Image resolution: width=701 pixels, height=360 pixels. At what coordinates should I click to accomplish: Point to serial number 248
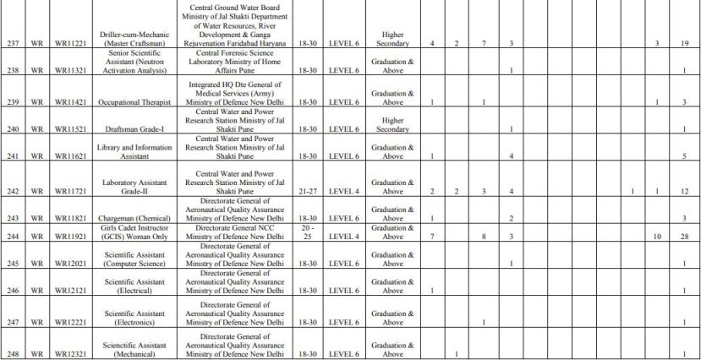(13, 353)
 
